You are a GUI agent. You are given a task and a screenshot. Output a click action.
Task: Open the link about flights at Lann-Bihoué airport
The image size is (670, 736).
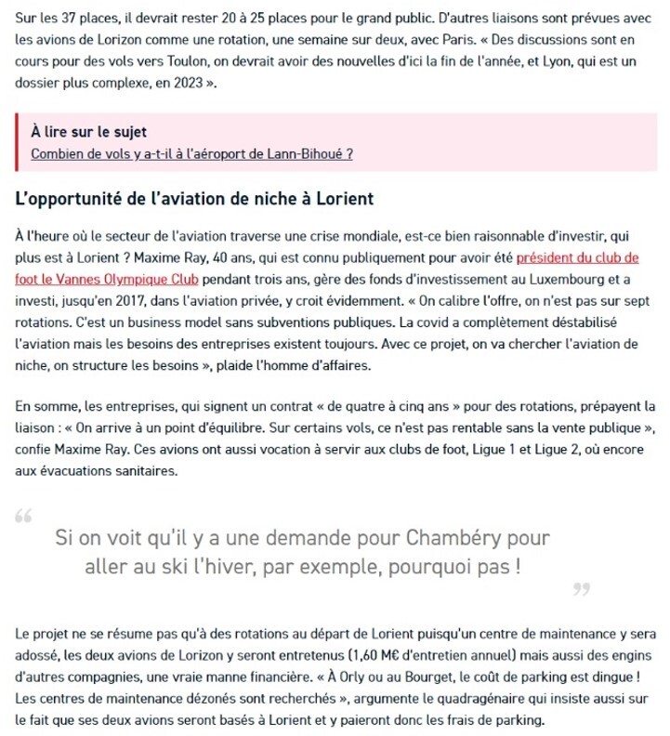coord(191,153)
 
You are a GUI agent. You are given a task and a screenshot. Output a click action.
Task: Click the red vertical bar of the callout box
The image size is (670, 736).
coord(18,142)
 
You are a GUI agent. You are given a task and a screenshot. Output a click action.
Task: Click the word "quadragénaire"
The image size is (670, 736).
coord(462,701)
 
